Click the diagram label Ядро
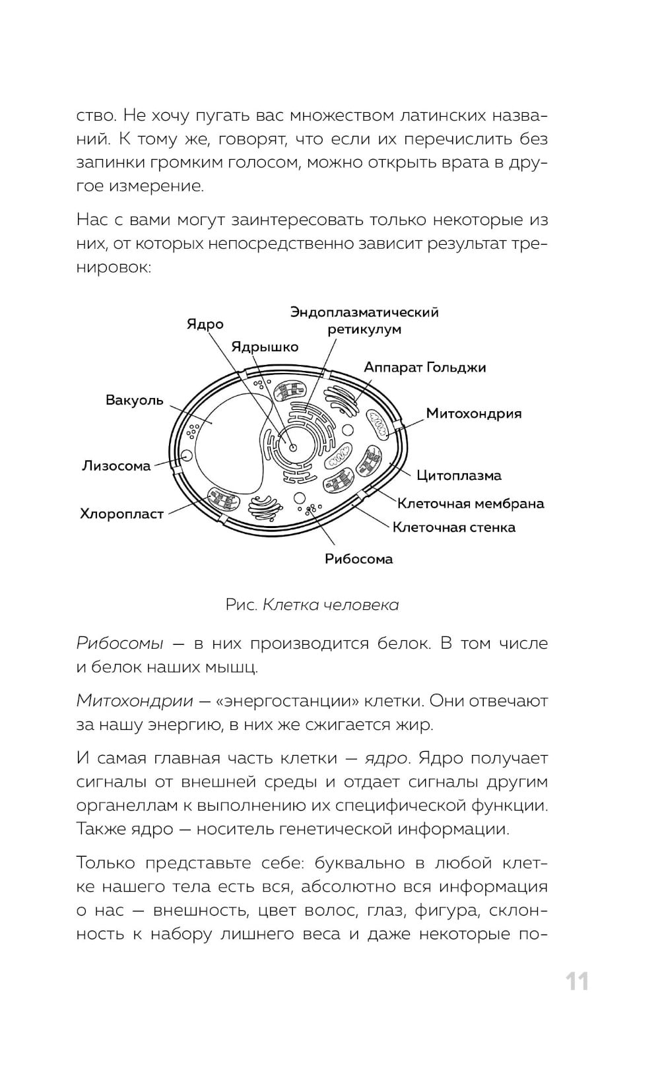[x=205, y=324]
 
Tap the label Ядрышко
[x=265, y=347]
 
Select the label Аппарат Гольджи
[x=424, y=368]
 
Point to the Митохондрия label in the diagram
[x=473, y=414]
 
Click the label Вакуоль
[x=134, y=401]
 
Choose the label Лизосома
[x=116, y=466]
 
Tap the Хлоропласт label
[x=121, y=514]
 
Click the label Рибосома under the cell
[x=358, y=559]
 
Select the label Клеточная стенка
[x=454, y=527]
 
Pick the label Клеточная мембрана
[x=471, y=504]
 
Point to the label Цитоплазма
[x=459, y=475]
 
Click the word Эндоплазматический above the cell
[x=364, y=312]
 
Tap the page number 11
[x=577, y=982]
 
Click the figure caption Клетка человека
[x=330, y=605]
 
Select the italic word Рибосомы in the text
[x=119, y=644]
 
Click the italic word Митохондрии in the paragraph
[x=135, y=701]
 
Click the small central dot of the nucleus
[x=292, y=448]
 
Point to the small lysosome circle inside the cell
[x=187, y=455]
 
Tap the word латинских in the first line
[x=442, y=116]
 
